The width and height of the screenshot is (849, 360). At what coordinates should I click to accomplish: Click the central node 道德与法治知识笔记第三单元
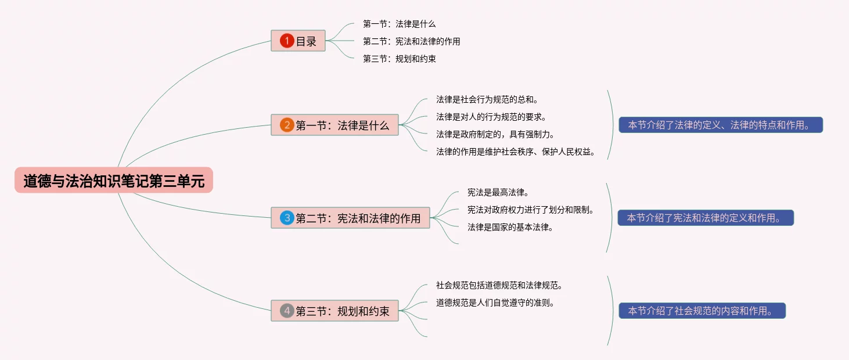(114, 181)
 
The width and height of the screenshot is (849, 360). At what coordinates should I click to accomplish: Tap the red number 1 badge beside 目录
(287, 41)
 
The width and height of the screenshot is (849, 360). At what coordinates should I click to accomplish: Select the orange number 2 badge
(287, 125)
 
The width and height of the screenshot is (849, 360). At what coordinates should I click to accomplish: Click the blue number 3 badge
(287, 218)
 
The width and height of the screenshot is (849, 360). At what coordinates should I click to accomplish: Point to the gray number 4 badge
(287, 311)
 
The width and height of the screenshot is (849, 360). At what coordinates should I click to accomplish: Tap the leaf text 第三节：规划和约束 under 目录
(399, 59)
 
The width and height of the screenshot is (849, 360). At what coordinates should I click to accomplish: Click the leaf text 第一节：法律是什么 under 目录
(399, 24)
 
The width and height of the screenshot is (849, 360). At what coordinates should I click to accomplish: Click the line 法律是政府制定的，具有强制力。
(495, 134)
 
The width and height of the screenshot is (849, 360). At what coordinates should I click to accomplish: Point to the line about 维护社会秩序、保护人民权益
(516, 152)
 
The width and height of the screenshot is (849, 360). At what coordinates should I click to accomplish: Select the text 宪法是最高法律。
(498, 192)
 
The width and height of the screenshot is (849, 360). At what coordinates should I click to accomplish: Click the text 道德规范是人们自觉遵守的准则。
(495, 303)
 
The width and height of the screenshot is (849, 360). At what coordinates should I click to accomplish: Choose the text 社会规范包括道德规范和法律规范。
(499, 285)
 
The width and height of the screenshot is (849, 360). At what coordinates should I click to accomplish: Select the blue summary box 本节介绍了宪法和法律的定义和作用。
(706, 218)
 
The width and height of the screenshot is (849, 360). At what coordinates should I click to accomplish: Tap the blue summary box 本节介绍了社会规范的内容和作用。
(701, 311)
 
